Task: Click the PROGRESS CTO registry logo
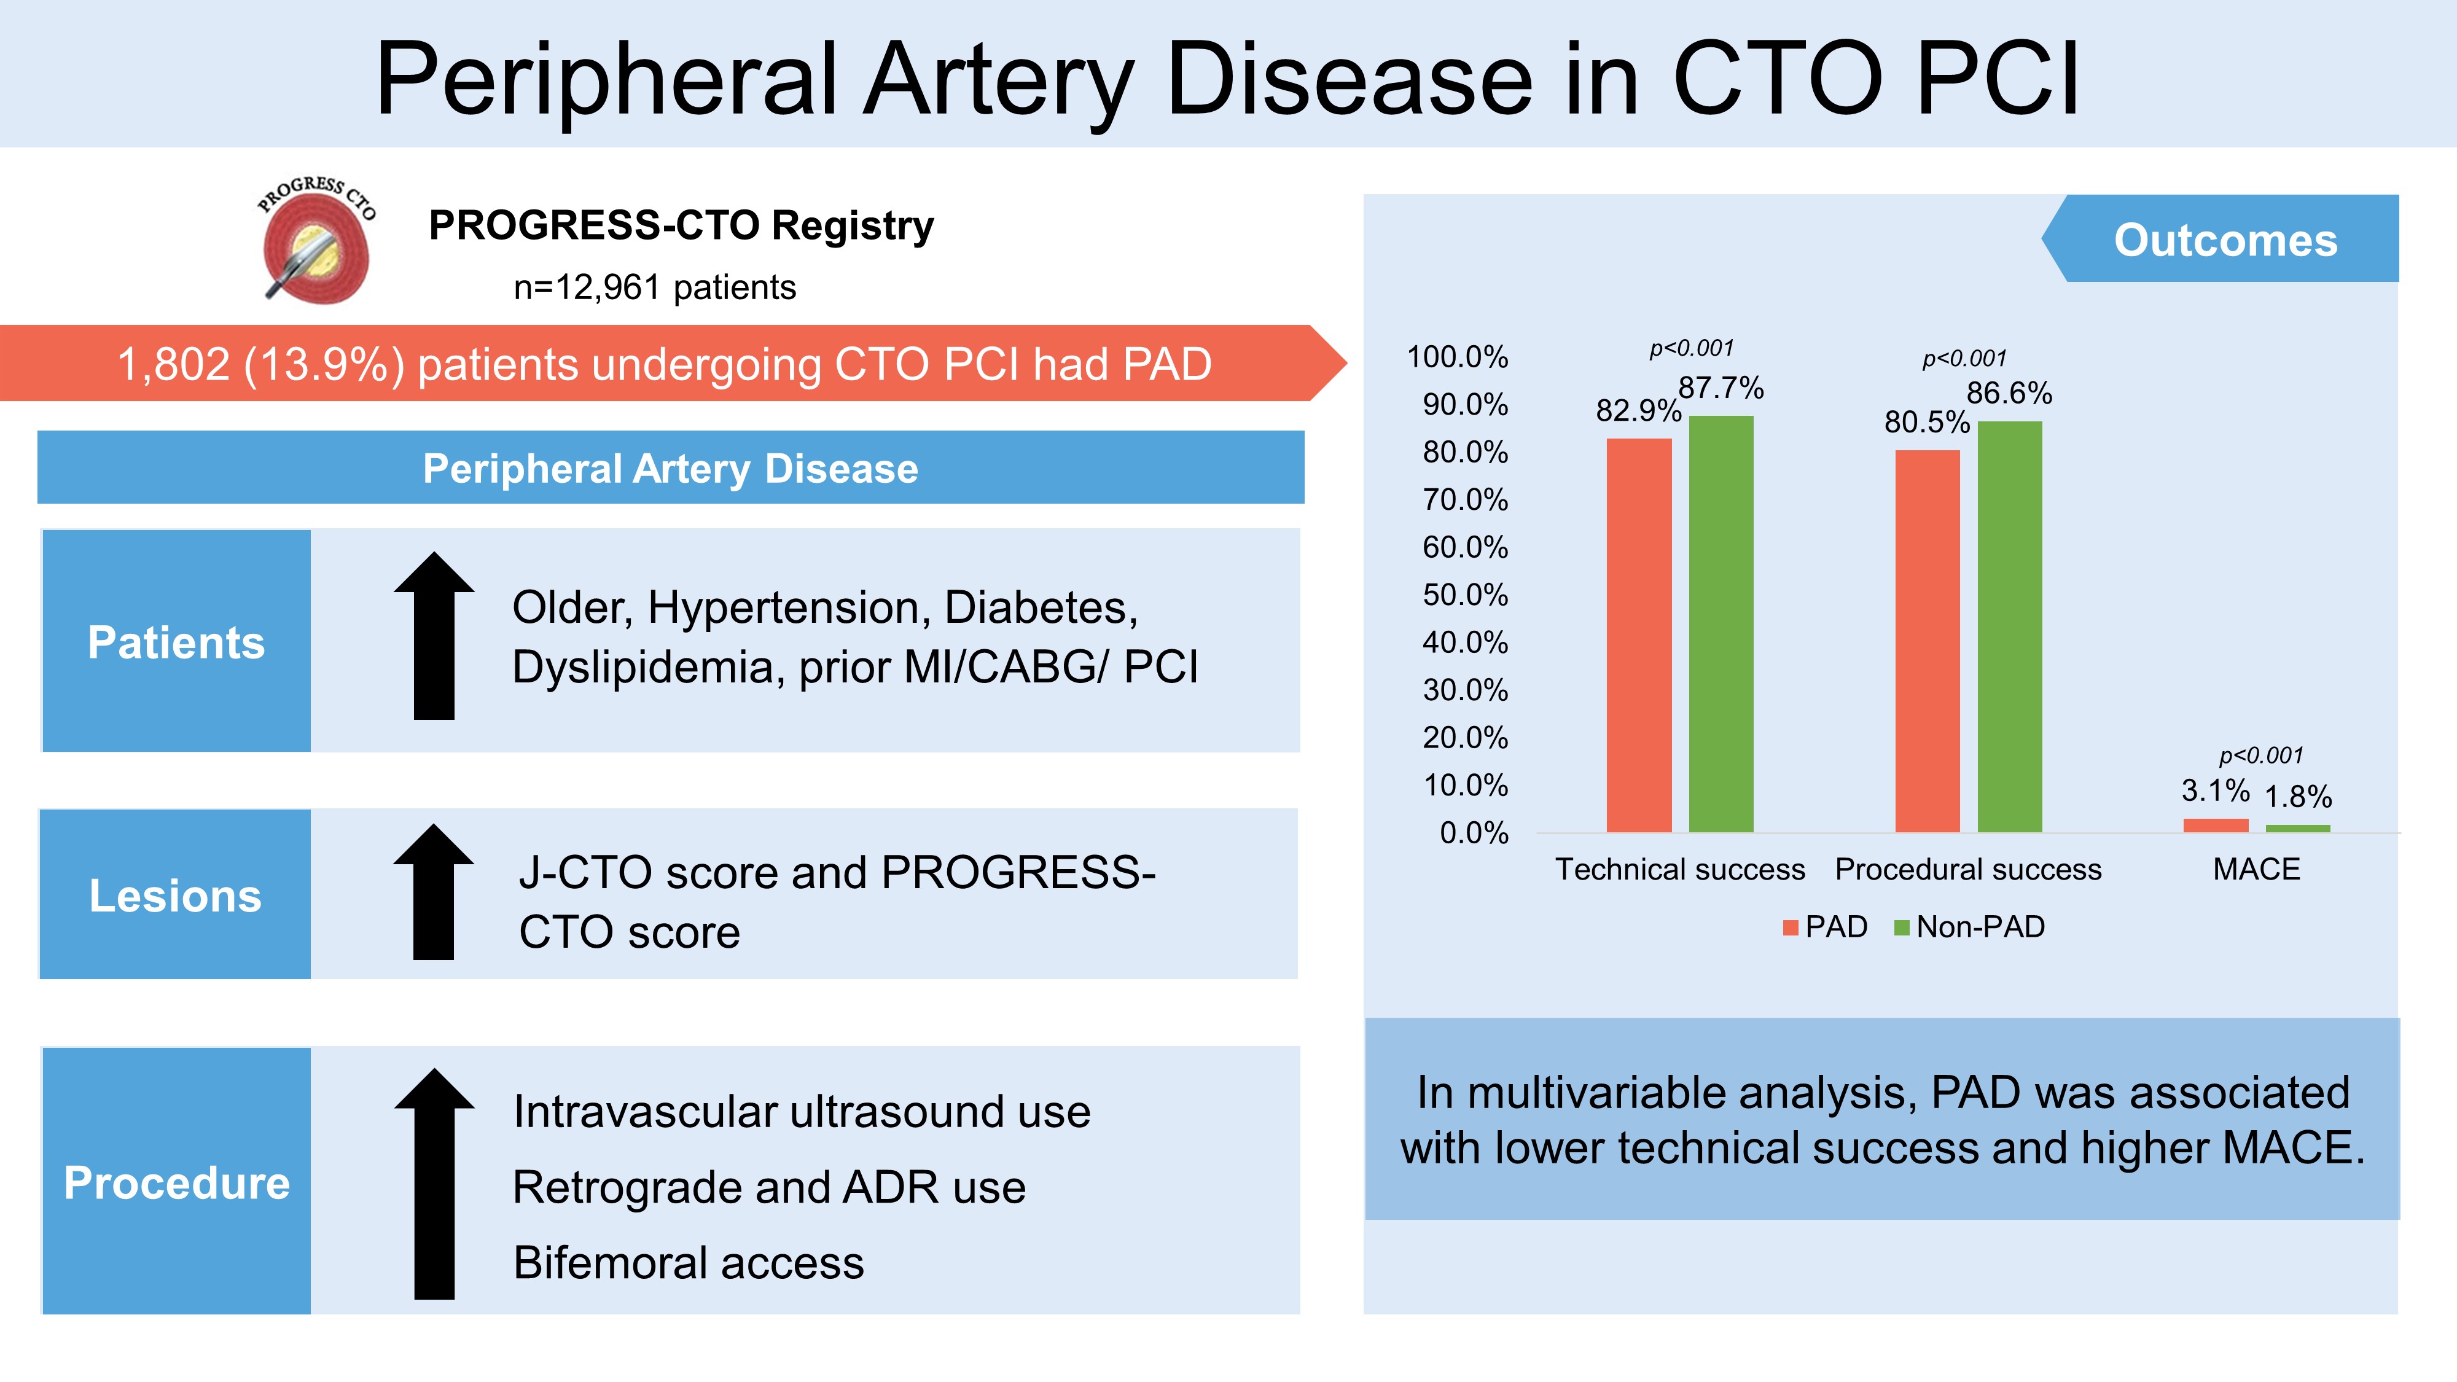(x=317, y=240)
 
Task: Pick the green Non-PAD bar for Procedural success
(x=2010, y=626)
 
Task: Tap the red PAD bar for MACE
(x=2215, y=825)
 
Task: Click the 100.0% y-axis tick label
(x=1458, y=357)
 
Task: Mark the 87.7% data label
(x=1721, y=388)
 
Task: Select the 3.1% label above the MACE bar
(x=2215, y=791)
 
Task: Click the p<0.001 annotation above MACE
(x=2260, y=755)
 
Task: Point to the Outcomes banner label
(x=2225, y=240)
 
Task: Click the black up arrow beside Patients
(x=434, y=636)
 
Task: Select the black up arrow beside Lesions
(x=434, y=892)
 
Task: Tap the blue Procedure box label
(x=176, y=1182)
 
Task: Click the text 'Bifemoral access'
(x=688, y=1263)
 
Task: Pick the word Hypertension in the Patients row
(x=789, y=607)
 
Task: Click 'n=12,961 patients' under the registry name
(x=654, y=287)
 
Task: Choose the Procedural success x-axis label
(x=1967, y=870)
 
